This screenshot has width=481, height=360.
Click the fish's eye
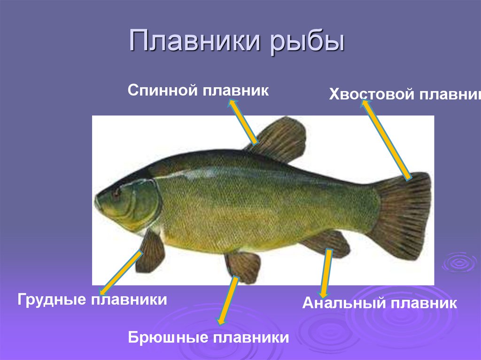(x=116, y=191)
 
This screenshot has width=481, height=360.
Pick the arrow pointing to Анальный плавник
(x=326, y=272)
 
